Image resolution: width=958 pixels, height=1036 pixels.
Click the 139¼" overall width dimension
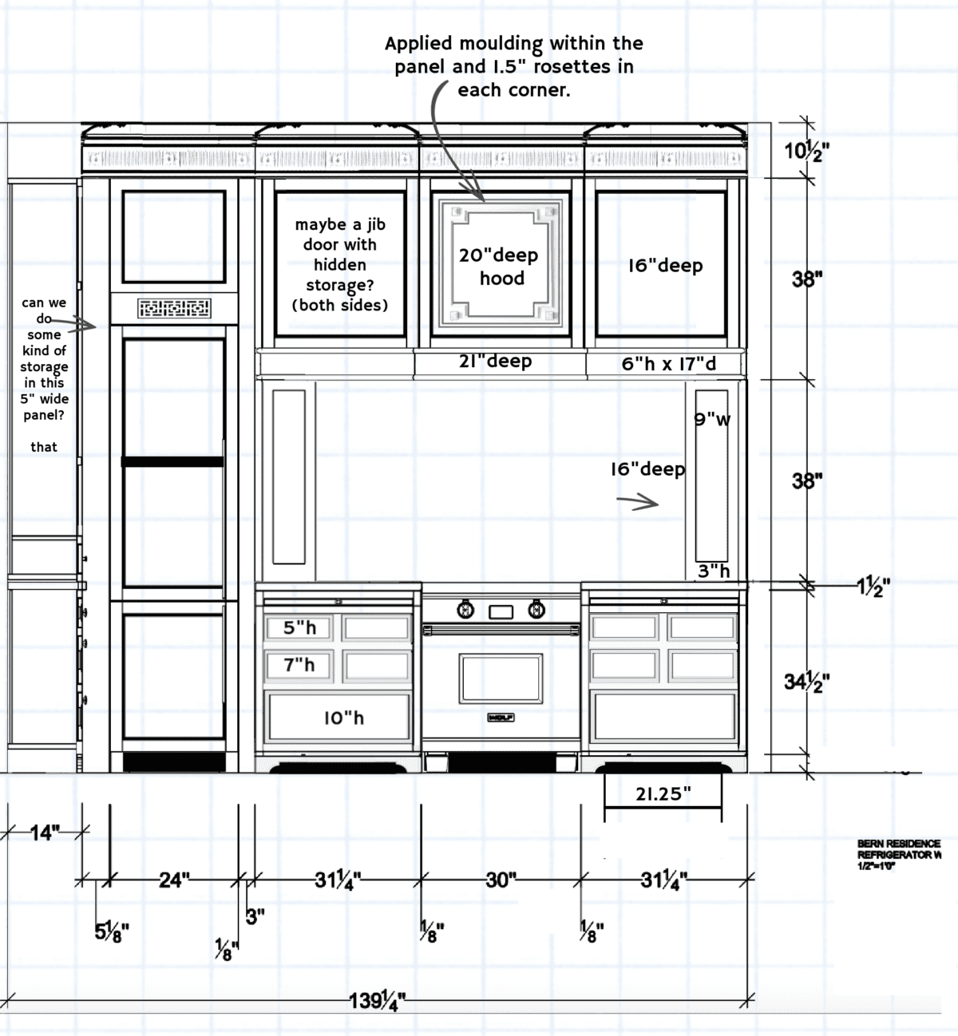(x=378, y=1000)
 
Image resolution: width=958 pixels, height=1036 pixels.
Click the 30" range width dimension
(x=501, y=880)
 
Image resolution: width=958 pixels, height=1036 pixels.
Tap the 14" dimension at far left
(x=45, y=833)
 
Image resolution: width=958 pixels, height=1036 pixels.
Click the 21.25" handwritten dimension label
(x=663, y=794)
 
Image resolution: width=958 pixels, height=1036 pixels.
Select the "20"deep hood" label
(x=498, y=266)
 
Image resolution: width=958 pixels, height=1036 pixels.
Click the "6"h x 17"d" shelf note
(x=668, y=364)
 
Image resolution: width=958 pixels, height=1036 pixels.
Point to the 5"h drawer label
(x=299, y=628)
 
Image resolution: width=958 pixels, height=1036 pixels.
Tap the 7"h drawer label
(x=299, y=665)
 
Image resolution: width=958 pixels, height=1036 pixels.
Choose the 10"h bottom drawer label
(x=343, y=718)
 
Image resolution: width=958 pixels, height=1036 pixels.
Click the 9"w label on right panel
(x=712, y=419)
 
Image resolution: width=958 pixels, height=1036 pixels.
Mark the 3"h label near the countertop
(x=714, y=571)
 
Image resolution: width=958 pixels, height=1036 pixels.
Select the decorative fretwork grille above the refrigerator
(x=174, y=308)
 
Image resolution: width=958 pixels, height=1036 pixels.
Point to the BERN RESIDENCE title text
(x=898, y=844)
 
